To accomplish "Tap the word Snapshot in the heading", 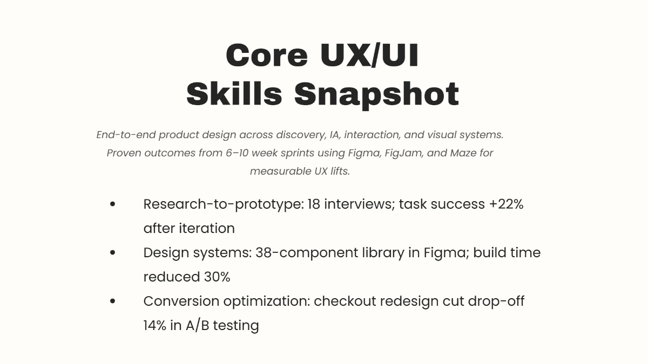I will click(x=376, y=94).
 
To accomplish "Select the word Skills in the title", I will click(x=234, y=94).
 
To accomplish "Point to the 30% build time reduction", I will click(x=217, y=277).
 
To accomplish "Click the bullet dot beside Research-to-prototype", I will click(x=112, y=204).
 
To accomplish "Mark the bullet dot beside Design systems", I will click(x=112, y=252).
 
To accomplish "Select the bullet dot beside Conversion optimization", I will click(x=112, y=301).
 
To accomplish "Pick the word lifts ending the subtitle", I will click(x=338, y=171).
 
